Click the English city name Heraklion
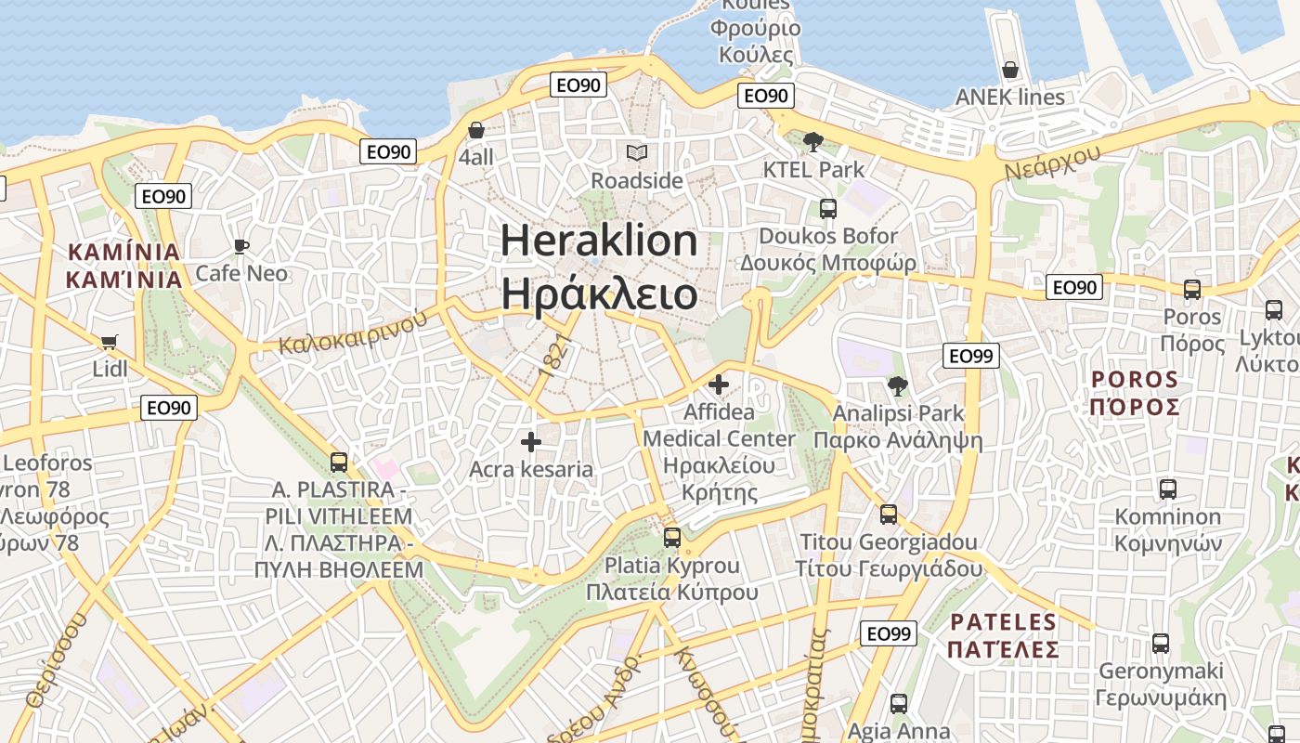click(599, 241)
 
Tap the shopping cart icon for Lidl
click(110, 342)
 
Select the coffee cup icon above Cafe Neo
click(241, 246)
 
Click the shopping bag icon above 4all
click(476, 130)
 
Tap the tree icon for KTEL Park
click(813, 142)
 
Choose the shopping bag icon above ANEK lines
click(1010, 70)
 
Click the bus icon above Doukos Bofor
click(828, 209)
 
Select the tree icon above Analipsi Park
click(897, 385)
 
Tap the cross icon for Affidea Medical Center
click(719, 384)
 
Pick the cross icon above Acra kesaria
click(531, 442)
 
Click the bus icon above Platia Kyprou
click(672, 537)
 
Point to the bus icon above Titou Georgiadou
click(889, 514)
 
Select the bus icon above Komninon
click(1168, 489)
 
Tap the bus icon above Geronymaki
click(1161, 643)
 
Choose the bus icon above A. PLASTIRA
click(339, 462)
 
